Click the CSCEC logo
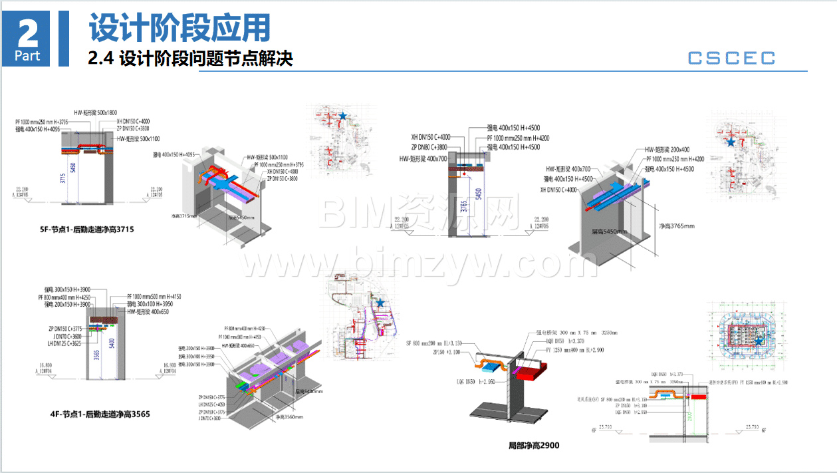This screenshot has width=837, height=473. (731, 58)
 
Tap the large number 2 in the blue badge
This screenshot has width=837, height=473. (28, 31)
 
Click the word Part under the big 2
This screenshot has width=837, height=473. (28, 56)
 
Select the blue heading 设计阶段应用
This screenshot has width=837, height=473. (179, 28)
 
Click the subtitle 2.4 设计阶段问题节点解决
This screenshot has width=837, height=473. (191, 59)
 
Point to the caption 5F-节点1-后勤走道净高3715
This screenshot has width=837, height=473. (87, 230)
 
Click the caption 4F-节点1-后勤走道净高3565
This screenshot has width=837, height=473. (100, 414)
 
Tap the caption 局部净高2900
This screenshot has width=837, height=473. (534, 444)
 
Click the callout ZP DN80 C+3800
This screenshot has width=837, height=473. (428, 147)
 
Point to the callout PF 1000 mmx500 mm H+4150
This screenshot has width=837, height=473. (154, 296)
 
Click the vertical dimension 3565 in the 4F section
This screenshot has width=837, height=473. (97, 355)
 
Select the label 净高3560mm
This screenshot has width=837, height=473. (289, 417)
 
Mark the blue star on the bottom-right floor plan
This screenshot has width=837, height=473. (758, 341)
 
